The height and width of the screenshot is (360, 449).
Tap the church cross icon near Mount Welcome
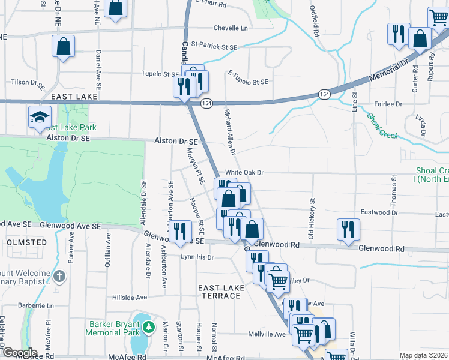[x=59, y=277]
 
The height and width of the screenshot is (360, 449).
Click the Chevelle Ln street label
[x=231, y=28]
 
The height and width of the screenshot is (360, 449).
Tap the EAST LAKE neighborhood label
[x=74, y=96]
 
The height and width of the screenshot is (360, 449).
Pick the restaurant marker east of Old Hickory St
[x=348, y=229]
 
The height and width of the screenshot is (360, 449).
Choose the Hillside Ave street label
[x=129, y=297]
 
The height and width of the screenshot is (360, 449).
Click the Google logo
[x=19, y=353]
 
